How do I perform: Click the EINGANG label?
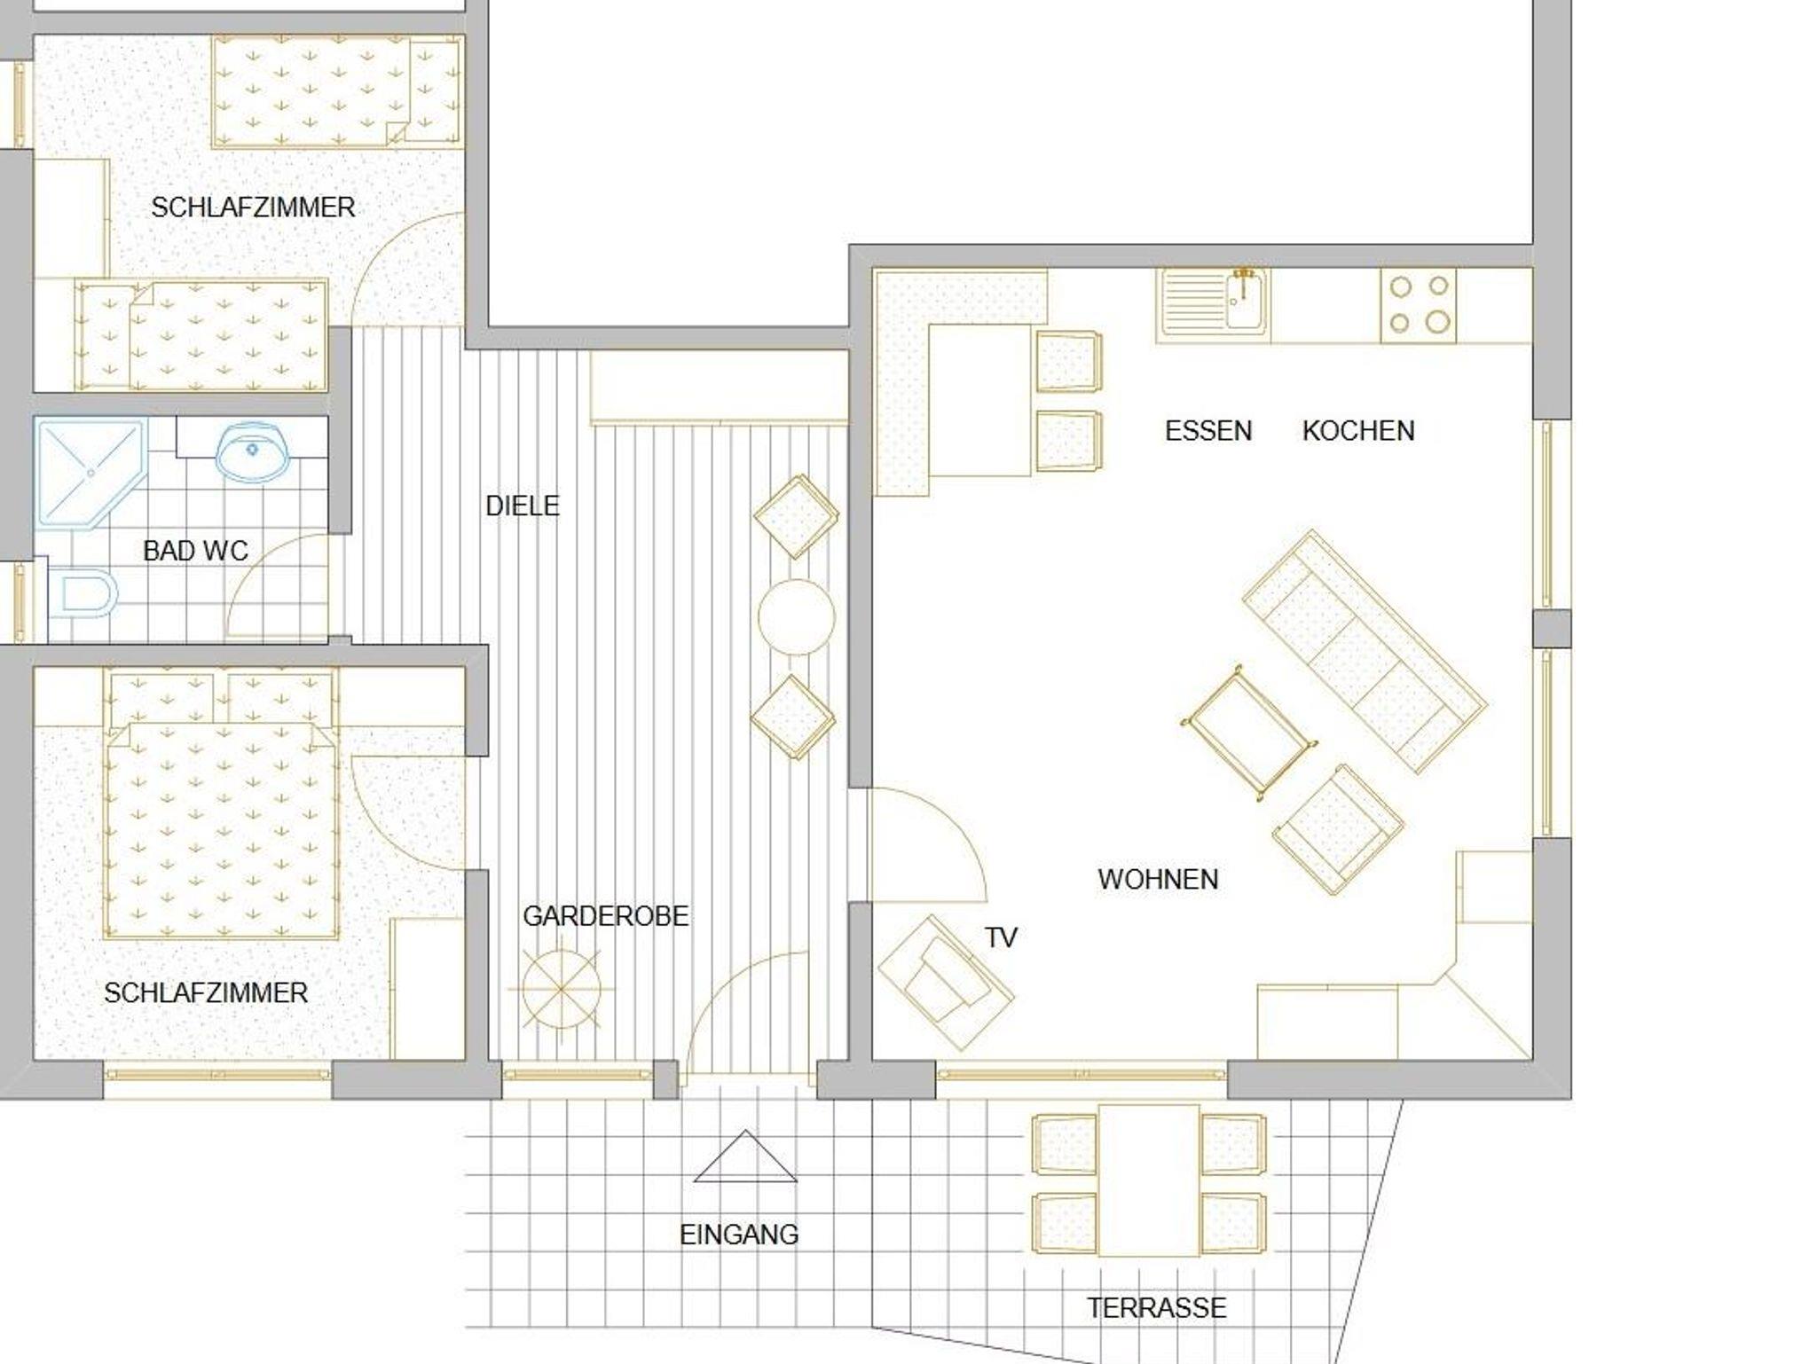pos(739,1235)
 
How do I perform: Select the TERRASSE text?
pos(1157,1307)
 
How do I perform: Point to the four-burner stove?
pos(1418,305)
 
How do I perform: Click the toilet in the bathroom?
pos(83,593)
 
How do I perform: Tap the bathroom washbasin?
pos(252,452)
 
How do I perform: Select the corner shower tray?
pos(90,474)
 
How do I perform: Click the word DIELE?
pos(523,506)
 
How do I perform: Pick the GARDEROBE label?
pos(605,916)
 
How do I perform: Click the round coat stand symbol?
pos(562,988)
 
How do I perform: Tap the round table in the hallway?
pos(797,617)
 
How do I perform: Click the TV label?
pos(1001,937)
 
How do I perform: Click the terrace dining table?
pos(1149,1180)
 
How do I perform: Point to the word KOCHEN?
pos(1358,431)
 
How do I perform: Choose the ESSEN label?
pos(1208,431)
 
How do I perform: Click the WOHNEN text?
pos(1158,880)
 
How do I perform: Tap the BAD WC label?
pos(195,551)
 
